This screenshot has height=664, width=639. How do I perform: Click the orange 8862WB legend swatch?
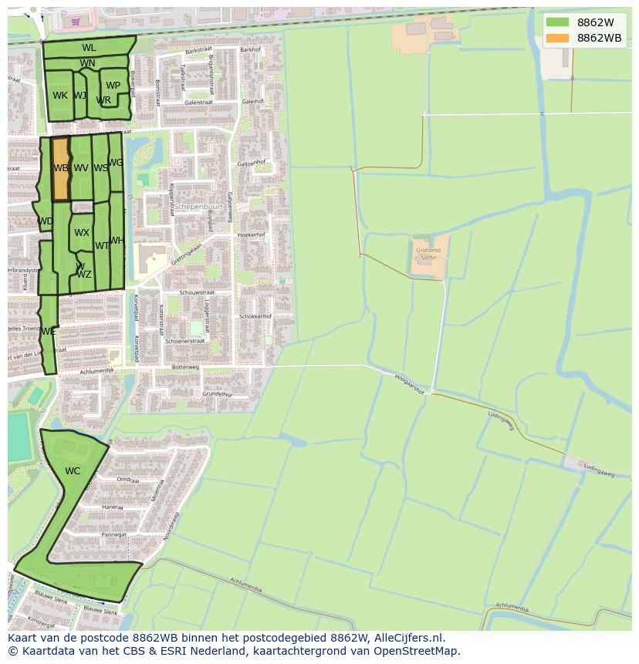coord(557,38)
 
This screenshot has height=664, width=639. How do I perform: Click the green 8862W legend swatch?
coord(557,22)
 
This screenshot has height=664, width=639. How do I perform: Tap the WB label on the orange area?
coord(61,167)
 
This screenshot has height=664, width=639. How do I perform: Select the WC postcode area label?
coord(73,471)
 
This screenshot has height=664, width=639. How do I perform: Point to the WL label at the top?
coord(89,48)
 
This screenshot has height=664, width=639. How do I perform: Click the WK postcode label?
coord(60,96)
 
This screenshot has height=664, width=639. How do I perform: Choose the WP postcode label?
coord(113,86)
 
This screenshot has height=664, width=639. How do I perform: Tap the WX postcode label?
coord(82,232)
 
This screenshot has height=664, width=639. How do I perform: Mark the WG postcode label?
coord(116,163)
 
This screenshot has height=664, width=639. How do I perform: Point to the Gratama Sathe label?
coord(428,254)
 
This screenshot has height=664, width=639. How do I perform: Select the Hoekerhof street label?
coord(252,234)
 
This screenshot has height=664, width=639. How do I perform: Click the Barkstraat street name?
coord(198,52)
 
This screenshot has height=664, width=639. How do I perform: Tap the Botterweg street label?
coord(185,367)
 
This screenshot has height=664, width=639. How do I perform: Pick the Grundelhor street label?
coord(218,394)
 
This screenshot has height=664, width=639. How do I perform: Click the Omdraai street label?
coord(127,480)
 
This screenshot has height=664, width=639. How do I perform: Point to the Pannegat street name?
coord(114,534)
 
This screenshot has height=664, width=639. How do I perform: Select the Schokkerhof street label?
coord(255,316)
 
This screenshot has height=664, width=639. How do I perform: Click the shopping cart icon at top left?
coord(76,22)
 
